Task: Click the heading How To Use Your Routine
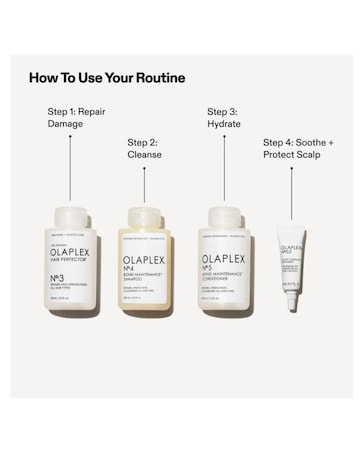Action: tap(107, 78)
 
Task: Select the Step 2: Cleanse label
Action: tap(144, 148)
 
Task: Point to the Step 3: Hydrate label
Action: tap(224, 117)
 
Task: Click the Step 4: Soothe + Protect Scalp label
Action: tap(297, 148)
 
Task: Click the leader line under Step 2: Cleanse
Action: tap(145, 185)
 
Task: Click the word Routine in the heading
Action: tap(159, 78)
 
